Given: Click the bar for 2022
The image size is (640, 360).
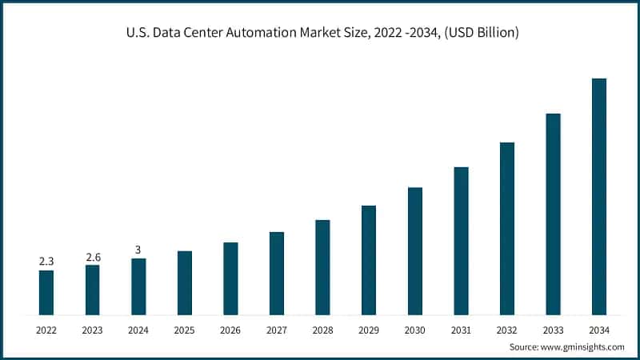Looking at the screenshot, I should pos(46,293).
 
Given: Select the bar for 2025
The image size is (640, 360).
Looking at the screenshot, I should pos(185,283).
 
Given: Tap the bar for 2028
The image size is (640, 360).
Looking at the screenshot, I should pos(322,267).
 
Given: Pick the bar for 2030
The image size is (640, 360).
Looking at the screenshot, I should pos(414,251).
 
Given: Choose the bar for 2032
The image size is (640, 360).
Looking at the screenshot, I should pos(506,229).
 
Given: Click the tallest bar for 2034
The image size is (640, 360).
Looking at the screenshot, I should pos(598,197).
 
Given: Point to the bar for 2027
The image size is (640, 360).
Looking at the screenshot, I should pos(277,274).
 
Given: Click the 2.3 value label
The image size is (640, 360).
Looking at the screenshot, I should pos(46,262).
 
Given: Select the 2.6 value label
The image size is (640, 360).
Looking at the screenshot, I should pos(93,257).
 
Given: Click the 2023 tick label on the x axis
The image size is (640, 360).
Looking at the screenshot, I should pos(93,329).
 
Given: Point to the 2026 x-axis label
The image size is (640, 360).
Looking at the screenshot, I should pos(230,329).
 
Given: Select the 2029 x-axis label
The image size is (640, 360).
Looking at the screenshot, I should pos(369,329).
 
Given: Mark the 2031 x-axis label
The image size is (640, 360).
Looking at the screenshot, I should pos(461,329).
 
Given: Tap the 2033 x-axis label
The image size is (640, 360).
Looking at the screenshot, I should pos(553,329).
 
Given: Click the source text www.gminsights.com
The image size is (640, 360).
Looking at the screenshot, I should pos(584,347).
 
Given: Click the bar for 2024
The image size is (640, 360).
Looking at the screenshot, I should pos(138,286).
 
